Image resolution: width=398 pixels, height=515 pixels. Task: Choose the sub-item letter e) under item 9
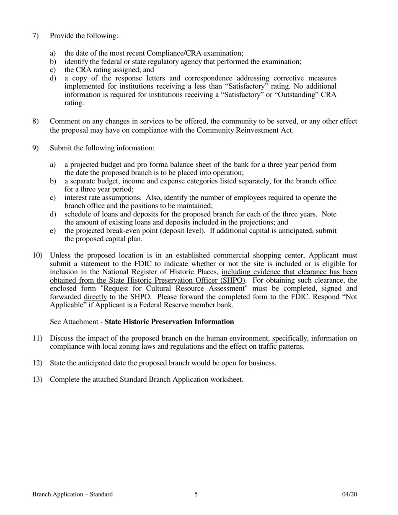click(53, 231)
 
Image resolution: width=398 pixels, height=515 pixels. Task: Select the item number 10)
click(37, 255)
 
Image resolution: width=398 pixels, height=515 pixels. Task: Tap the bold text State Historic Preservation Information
click(169, 322)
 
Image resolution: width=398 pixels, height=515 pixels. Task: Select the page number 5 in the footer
click(196, 494)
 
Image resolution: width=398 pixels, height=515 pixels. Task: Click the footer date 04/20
click(349, 494)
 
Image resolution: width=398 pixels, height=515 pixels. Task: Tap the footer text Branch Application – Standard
click(72, 494)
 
